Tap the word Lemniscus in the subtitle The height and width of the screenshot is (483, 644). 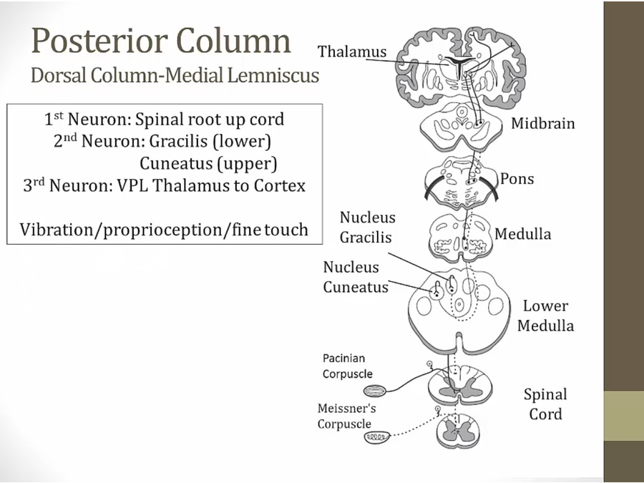tap(277, 75)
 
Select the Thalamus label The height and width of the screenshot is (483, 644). tap(352, 52)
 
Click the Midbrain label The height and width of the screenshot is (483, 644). tap(542, 123)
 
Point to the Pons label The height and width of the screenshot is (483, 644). tap(517, 178)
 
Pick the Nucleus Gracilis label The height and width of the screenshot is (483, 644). tap(367, 227)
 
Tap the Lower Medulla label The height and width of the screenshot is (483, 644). tap(545, 316)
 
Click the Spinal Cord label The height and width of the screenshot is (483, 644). tap(545, 404)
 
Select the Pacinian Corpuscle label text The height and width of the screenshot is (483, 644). tap(347, 366)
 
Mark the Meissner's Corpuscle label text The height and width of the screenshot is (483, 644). tap(346, 416)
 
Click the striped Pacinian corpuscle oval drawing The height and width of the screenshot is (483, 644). tap(375, 391)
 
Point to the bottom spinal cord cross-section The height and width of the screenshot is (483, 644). tap(459, 431)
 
